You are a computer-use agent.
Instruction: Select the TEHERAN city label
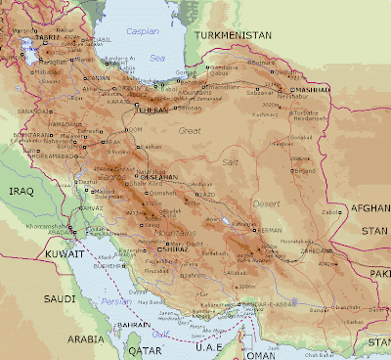point(149,110)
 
